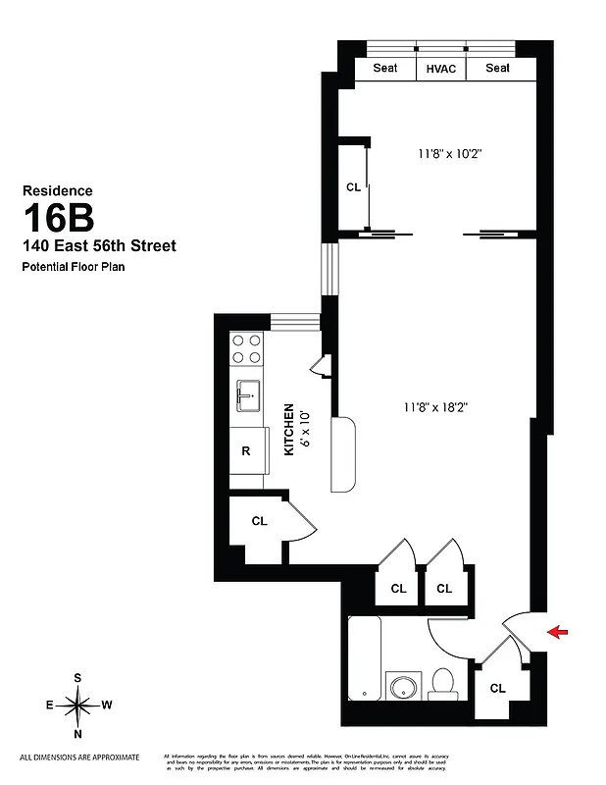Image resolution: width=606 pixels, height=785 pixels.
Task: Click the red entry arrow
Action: click(x=558, y=633)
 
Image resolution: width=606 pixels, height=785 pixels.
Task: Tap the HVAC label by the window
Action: click(x=440, y=69)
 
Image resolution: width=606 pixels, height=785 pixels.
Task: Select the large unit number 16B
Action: click(x=58, y=217)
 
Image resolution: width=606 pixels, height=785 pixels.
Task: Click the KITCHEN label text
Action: click(x=289, y=430)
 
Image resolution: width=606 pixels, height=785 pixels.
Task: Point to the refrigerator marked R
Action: click(x=245, y=451)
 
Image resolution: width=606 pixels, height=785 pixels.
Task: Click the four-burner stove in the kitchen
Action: click(x=246, y=349)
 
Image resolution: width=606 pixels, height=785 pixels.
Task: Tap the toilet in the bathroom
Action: click(x=442, y=683)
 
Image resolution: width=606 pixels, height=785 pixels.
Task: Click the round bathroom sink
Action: click(x=400, y=686)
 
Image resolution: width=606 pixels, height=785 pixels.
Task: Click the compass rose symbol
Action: click(x=77, y=705)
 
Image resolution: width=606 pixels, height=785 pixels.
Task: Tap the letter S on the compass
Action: click(x=77, y=678)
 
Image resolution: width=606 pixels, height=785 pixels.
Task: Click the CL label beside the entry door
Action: click(x=497, y=688)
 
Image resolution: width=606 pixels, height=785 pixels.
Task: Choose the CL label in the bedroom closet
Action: click(x=352, y=186)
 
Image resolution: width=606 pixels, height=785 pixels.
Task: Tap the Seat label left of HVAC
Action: click(x=384, y=69)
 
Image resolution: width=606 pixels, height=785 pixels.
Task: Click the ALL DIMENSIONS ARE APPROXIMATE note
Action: click(x=79, y=757)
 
